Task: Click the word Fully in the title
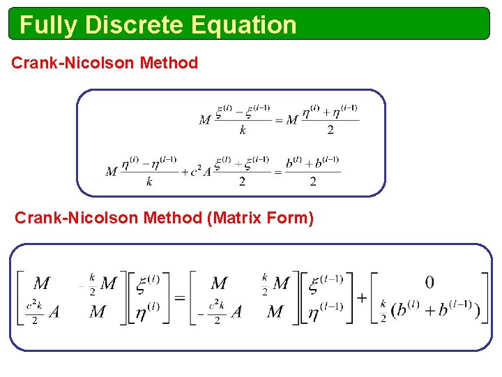pos(49,25)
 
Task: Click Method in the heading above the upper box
pos(169,63)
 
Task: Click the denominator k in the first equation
pos(243,130)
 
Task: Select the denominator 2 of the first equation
pos(330,130)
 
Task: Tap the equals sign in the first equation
pos(277,120)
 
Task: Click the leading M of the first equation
pos(205,120)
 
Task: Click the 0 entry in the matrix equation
pos(429,282)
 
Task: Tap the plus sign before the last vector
pos(363,298)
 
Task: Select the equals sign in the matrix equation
pos(180,298)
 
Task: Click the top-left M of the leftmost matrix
pos(42,283)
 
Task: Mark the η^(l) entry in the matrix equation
pos(146,311)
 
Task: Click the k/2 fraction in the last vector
pos(383,311)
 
